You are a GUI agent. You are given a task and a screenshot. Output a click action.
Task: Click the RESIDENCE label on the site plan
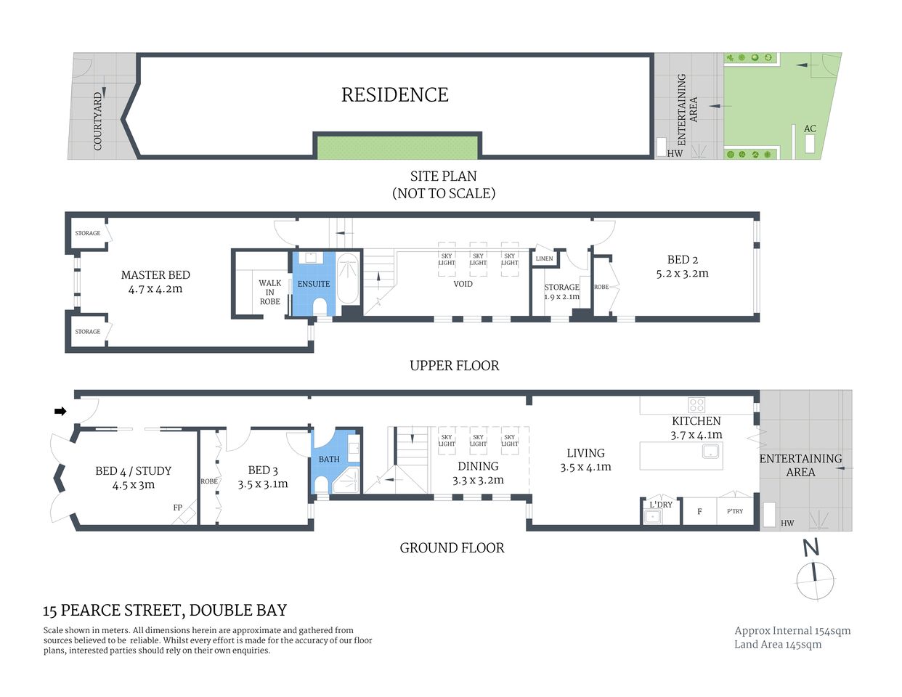[x=395, y=95]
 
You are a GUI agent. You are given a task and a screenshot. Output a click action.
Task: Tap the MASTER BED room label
[x=155, y=275]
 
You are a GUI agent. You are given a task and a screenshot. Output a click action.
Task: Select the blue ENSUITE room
[x=314, y=284]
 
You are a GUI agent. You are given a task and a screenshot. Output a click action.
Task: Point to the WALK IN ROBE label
[x=269, y=293]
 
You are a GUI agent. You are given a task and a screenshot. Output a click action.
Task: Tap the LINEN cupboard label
[x=544, y=258]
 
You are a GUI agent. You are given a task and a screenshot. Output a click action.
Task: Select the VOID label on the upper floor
[x=463, y=284]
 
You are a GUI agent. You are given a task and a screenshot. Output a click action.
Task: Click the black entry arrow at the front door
[x=60, y=412]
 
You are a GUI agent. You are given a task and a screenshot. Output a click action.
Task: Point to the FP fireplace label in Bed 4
[x=177, y=508]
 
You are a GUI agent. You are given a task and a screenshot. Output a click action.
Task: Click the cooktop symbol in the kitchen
[x=696, y=405]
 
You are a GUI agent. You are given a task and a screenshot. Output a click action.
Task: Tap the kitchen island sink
[x=710, y=452]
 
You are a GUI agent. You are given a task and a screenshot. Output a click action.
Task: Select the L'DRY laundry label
[x=661, y=504]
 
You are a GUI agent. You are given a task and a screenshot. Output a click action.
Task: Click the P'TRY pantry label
[x=735, y=511]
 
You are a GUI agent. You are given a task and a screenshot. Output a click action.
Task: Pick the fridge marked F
[x=699, y=511]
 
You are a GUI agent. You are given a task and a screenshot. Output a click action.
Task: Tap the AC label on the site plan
[x=810, y=129]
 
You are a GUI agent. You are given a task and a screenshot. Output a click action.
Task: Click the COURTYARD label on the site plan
[x=98, y=121]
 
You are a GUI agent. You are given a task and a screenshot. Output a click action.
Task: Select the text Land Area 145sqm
[x=778, y=645]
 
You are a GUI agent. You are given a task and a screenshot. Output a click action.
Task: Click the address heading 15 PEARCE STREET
[x=165, y=611]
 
